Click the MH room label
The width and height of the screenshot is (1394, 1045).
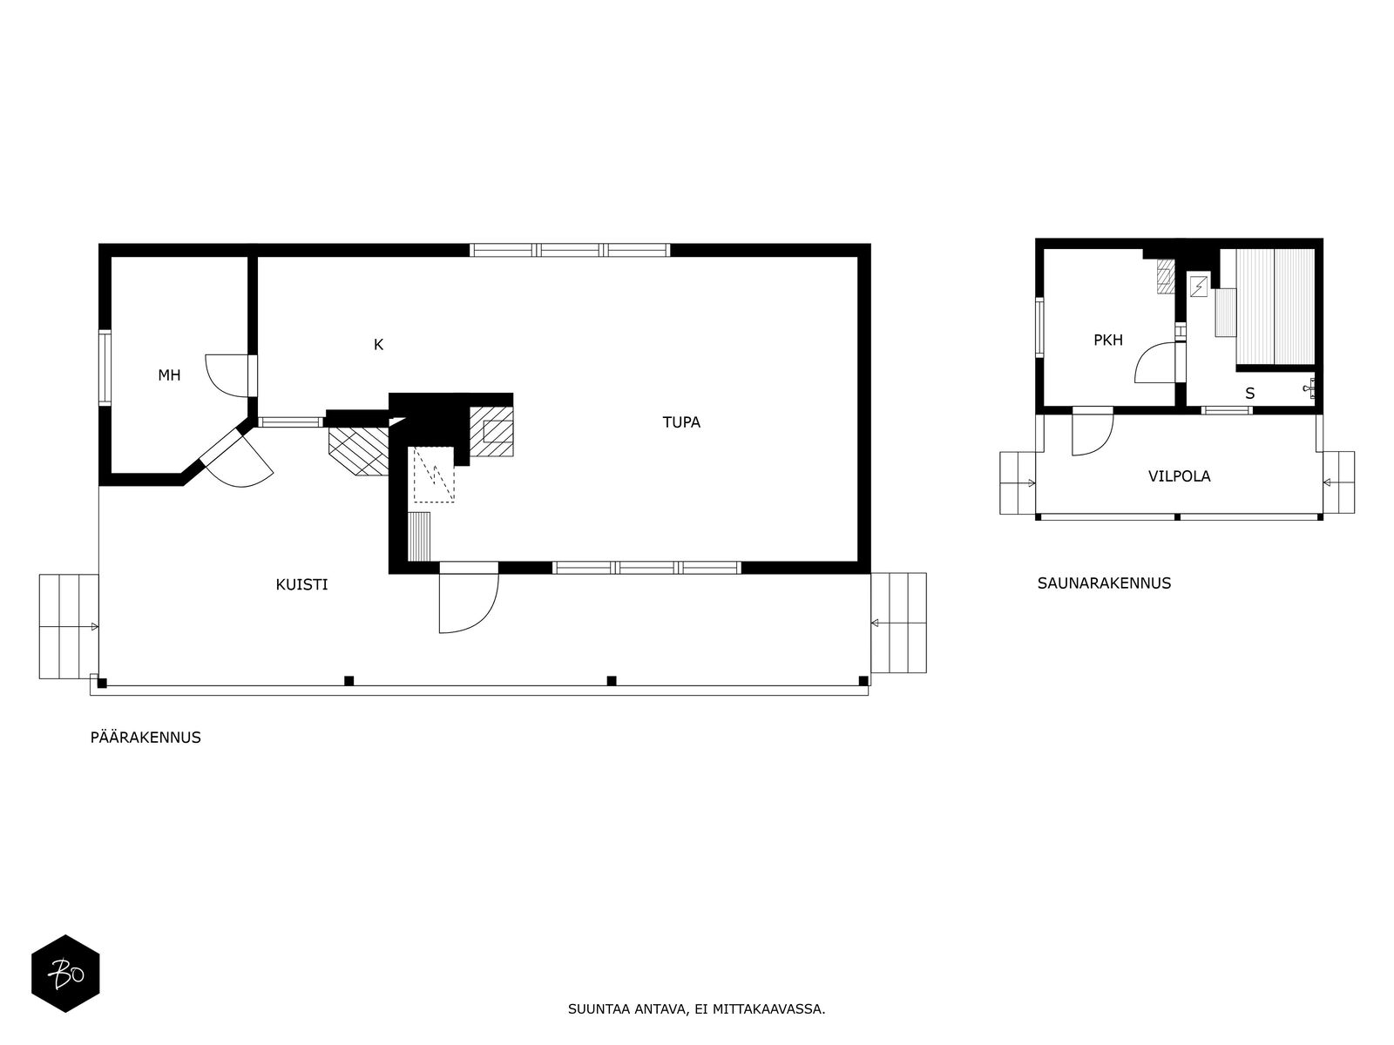[x=169, y=375]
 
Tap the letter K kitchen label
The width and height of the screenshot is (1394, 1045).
[x=378, y=345]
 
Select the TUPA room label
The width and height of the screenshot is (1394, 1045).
[x=680, y=422]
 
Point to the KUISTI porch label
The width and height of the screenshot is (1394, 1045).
[x=301, y=584]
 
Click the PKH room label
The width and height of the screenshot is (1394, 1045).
[x=1108, y=340]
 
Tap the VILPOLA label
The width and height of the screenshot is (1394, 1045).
[x=1180, y=475]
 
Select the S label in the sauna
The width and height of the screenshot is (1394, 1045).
[x=1250, y=394]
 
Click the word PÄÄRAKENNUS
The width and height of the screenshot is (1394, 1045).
[x=145, y=738]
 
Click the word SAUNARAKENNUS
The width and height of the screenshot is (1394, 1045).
[x=1104, y=583]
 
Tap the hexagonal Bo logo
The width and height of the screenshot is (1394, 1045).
[x=65, y=974]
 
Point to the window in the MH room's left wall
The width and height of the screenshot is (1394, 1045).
[x=105, y=367]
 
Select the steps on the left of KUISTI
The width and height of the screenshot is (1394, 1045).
[x=69, y=626]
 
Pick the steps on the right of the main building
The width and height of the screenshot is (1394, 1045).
[x=898, y=623]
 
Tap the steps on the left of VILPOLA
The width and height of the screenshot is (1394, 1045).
[x=1018, y=482]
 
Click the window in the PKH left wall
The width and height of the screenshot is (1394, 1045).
[x=1039, y=327]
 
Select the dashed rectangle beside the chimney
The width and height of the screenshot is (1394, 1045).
[x=434, y=475]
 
